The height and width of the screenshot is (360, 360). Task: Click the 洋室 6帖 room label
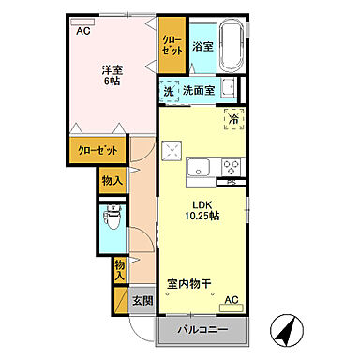[110, 75]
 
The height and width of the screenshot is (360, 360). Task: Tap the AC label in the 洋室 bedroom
[83, 30]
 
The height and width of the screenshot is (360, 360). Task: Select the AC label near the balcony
[232, 300]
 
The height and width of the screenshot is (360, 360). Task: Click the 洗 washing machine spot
[169, 91]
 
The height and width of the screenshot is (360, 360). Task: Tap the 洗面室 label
[199, 91]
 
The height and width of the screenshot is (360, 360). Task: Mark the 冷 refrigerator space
[231, 119]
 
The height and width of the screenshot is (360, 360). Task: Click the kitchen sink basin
[199, 168]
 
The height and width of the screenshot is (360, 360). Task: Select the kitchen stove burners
[231, 168]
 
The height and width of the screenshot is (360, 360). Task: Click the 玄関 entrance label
[141, 301]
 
